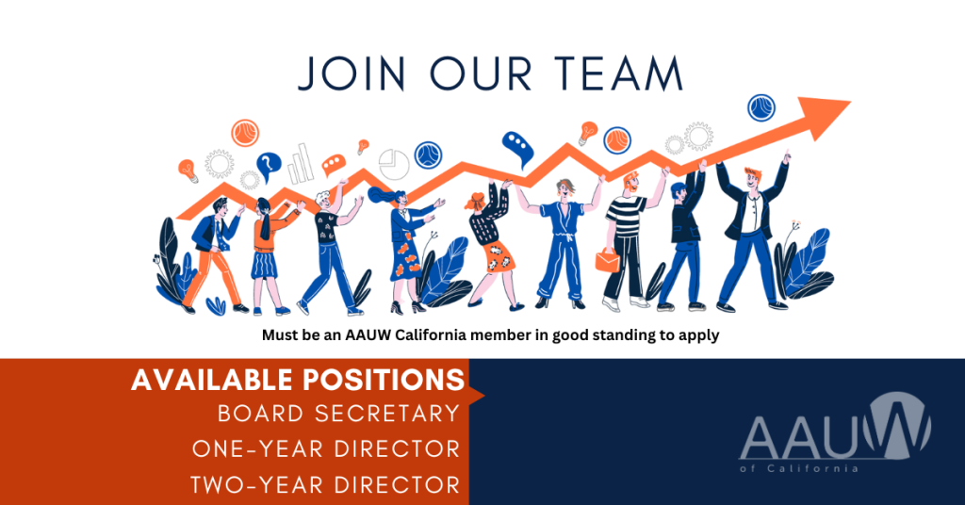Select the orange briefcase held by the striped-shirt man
[x=608, y=259]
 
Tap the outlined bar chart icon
[x=300, y=164]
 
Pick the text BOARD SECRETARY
[x=338, y=413]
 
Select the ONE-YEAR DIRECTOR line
[x=326, y=448]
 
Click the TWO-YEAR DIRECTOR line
[x=325, y=484]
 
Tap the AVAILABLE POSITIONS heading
[x=297, y=379]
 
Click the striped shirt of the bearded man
[x=626, y=217]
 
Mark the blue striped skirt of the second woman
[x=265, y=264]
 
